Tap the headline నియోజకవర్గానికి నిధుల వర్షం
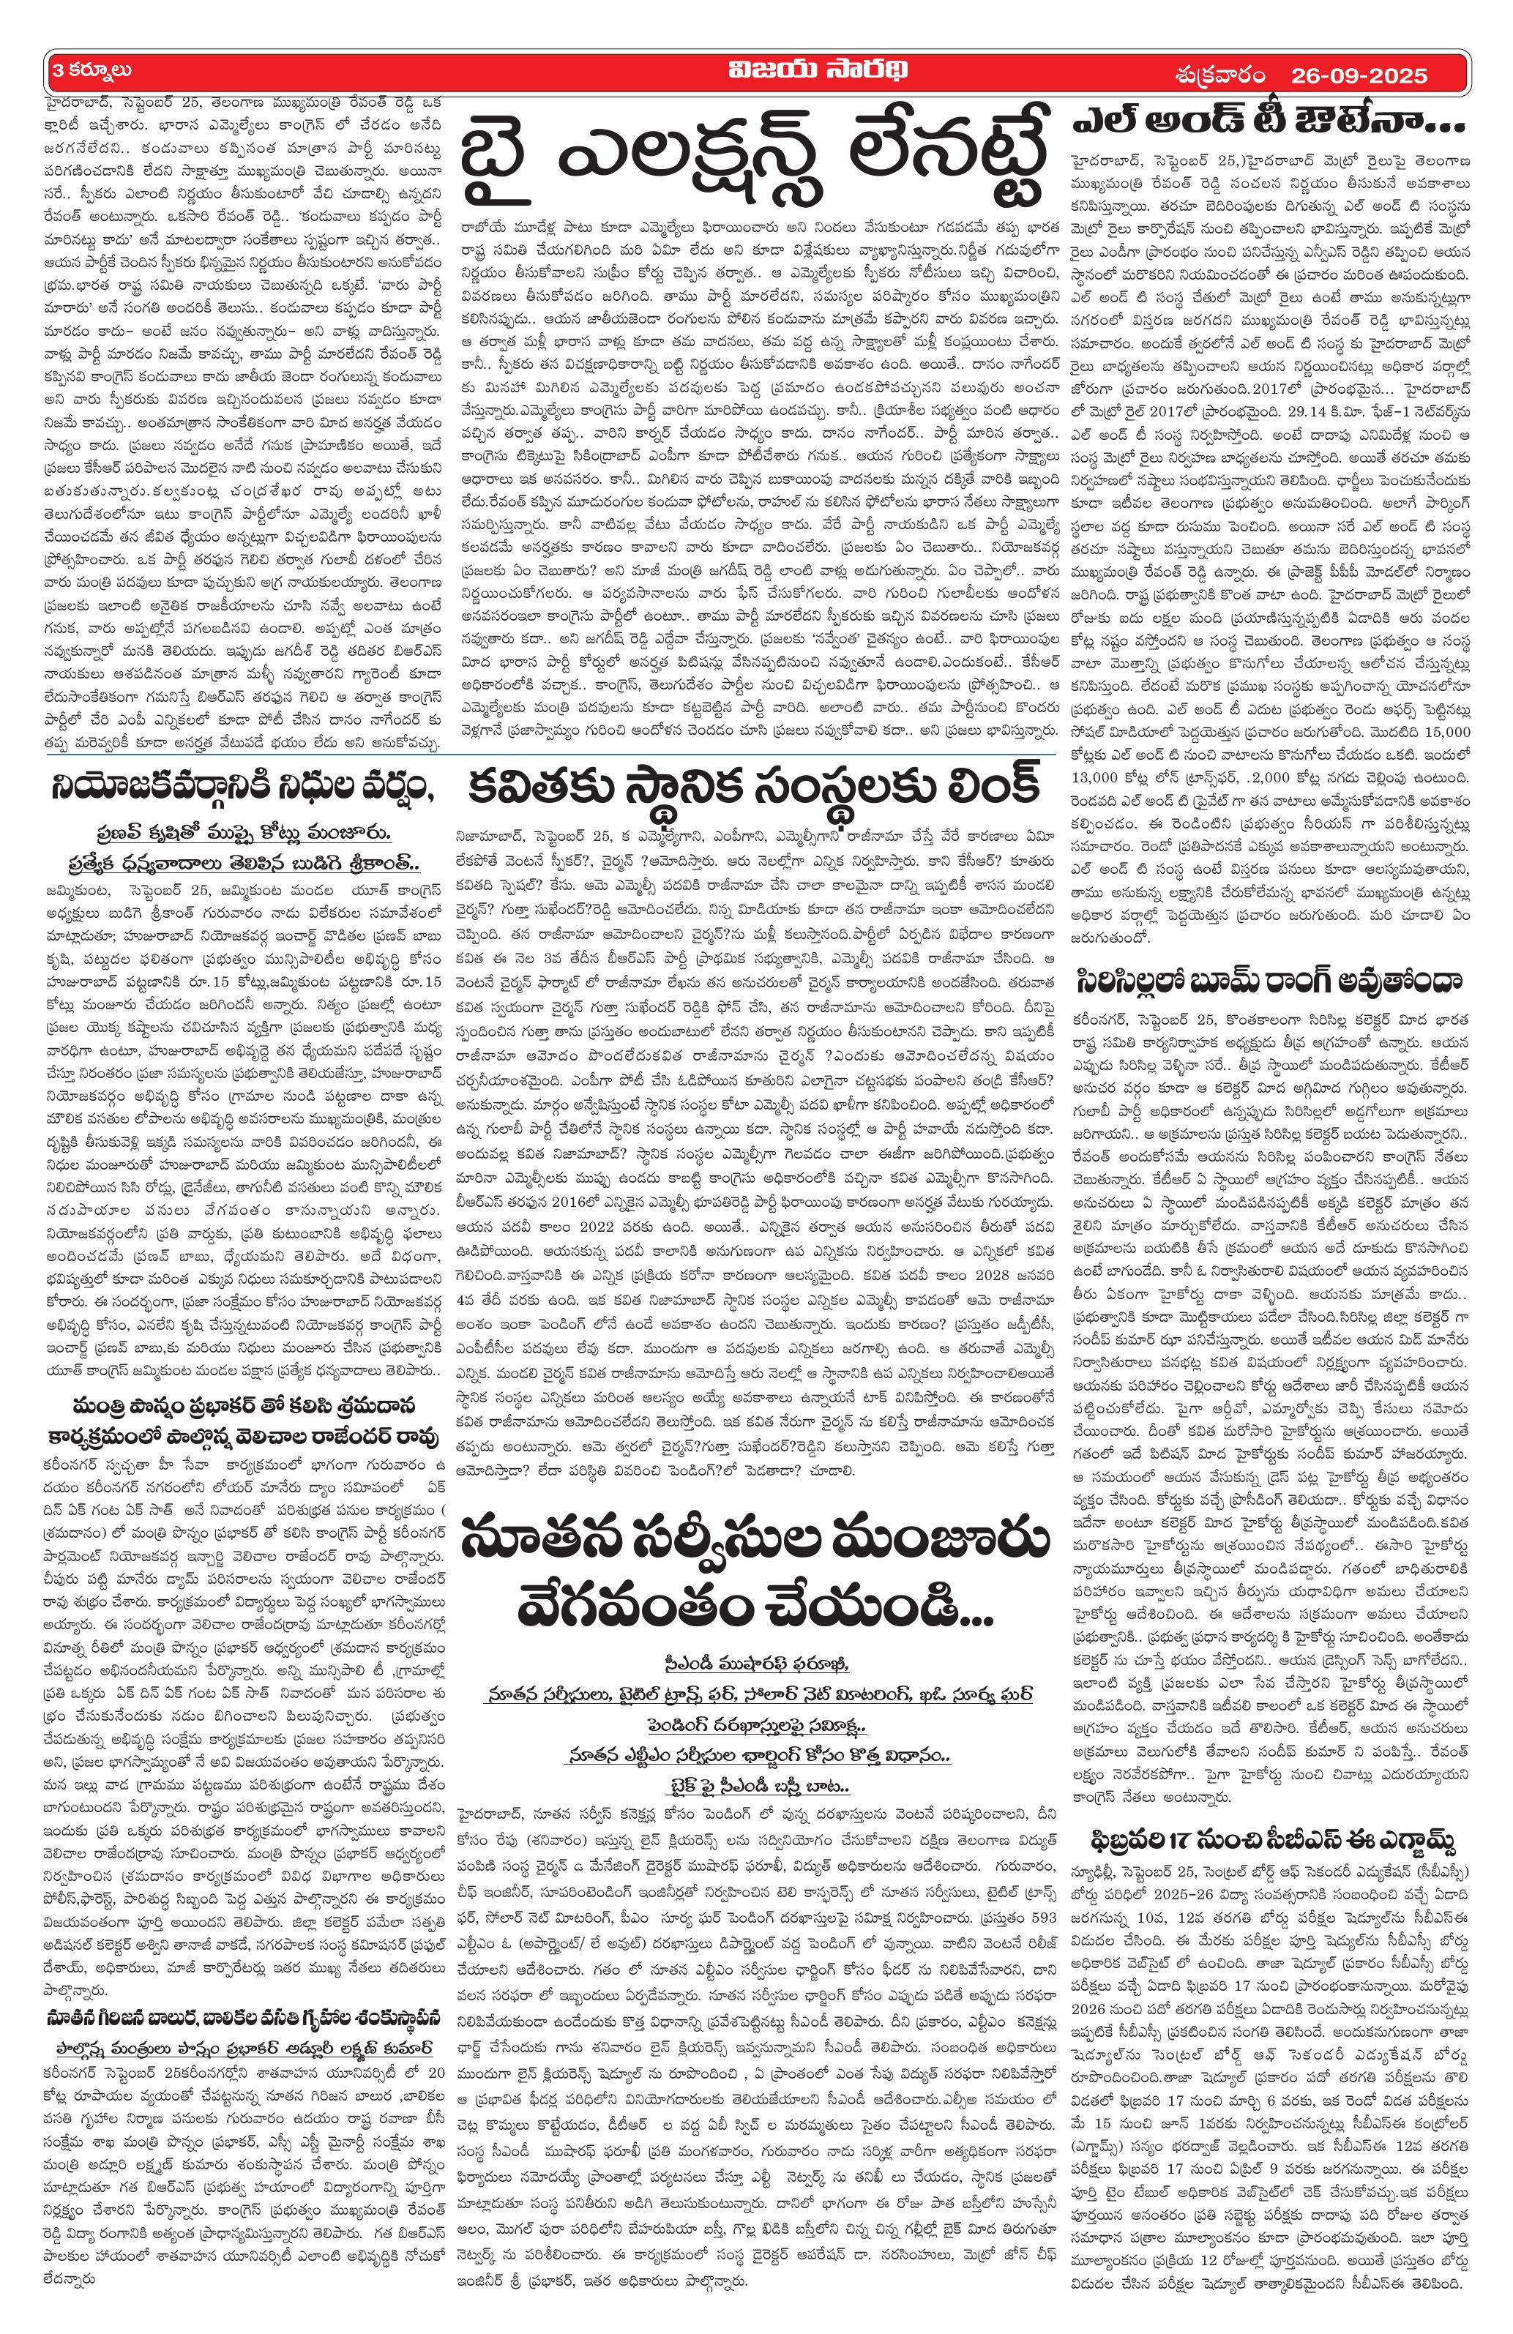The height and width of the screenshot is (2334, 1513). [x=243, y=788]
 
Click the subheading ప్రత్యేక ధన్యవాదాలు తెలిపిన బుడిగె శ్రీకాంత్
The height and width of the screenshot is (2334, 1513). [x=243, y=864]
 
